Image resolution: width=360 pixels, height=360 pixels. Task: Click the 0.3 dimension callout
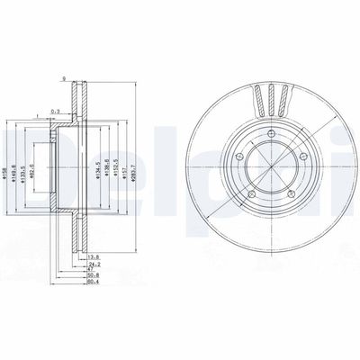[x=55, y=112]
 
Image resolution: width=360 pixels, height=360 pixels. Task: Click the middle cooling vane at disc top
[x=270, y=96]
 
